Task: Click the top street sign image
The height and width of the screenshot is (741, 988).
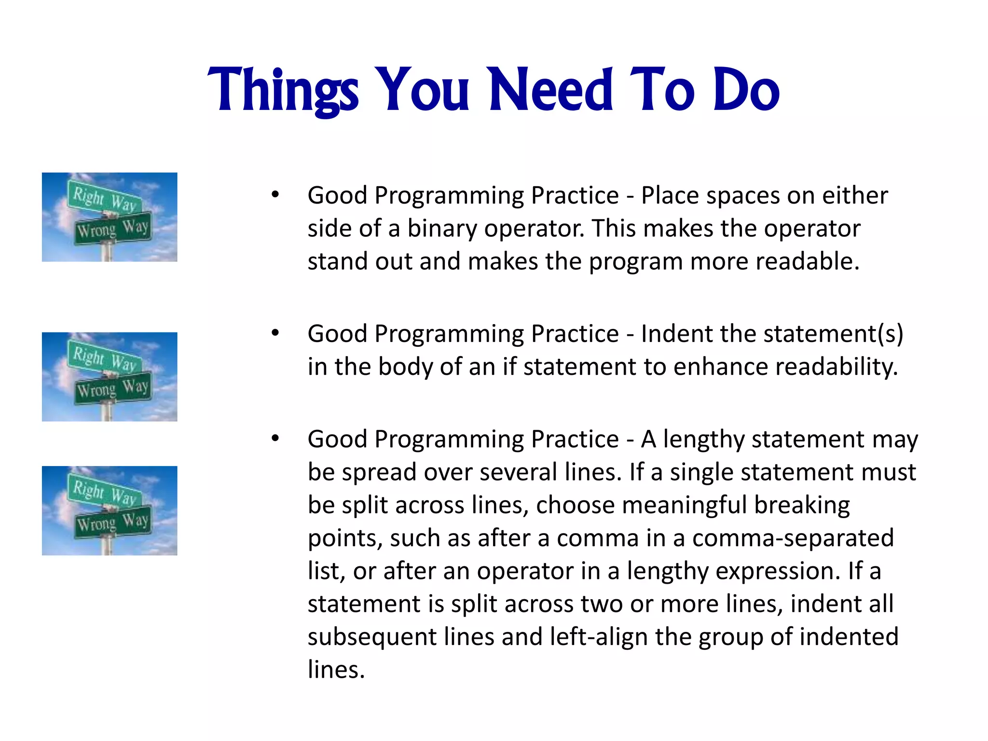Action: tap(110, 217)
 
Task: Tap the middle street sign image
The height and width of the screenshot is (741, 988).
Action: tap(110, 377)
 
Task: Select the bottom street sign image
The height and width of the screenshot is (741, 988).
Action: tap(110, 510)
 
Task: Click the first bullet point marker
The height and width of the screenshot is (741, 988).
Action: tap(275, 195)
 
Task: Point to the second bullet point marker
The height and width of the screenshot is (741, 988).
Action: tap(275, 333)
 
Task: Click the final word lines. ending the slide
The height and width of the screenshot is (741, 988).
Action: tap(336, 670)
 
